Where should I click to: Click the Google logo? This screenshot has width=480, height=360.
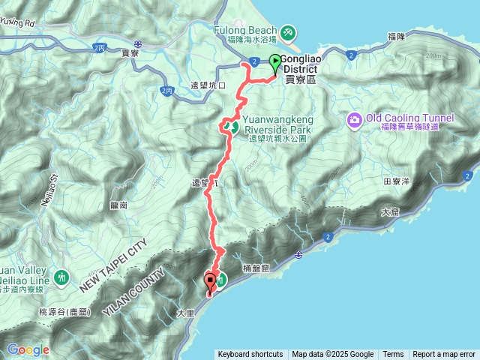(x=28, y=349)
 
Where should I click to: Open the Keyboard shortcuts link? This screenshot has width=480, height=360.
(x=250, y=355)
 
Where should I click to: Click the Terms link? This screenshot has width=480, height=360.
(x=393, y=355)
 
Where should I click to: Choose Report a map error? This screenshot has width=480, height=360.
(x=444, y=355)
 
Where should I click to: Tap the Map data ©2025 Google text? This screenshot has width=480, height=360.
(x=332, y=355)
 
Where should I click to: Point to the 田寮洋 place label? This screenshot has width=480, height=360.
(x=395, y=181)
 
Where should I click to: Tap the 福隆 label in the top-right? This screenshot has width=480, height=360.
(x=397, y=36)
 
